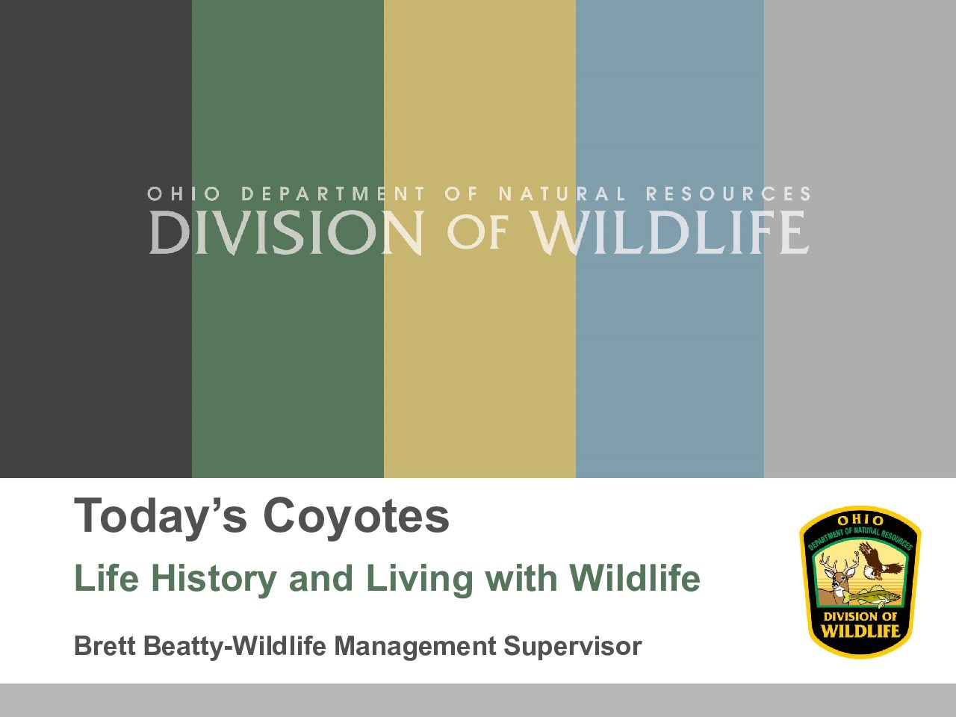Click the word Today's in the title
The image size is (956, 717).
[x=161, y=517]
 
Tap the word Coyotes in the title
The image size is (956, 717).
[x=356, y=516]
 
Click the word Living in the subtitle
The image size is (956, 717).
[x=420, y=579]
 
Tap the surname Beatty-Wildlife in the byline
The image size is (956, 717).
[x=235, y=646]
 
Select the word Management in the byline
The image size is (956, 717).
[x=415, y=647]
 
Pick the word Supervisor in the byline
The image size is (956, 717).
[x=573, y=647]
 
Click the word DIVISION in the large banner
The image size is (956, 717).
[x=286, y=232]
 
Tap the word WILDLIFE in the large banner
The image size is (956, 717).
[x=671, y=232]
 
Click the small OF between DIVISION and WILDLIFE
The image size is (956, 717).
[x=477, y=233]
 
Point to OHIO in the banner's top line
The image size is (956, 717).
[x=184, y=193]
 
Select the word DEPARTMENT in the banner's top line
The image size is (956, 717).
[x=333, y=193]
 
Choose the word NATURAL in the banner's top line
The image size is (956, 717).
[x=562, y=193]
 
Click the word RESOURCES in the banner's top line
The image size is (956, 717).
[x=728, y=193]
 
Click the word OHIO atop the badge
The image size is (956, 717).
[x=860, y=521]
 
